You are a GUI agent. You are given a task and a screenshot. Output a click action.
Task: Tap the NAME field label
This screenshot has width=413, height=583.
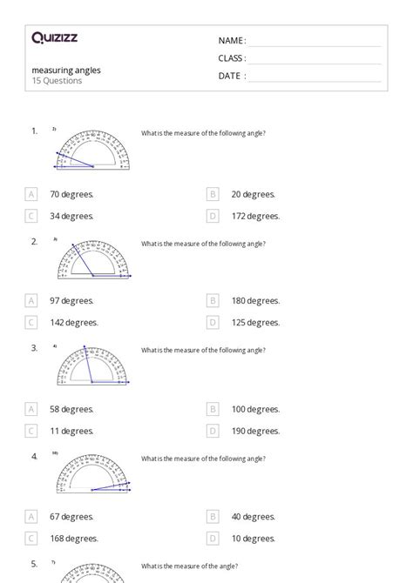point(232,41)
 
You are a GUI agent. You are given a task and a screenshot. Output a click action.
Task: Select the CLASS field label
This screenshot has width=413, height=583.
point(232,58)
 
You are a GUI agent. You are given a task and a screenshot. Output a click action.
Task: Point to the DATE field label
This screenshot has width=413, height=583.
point(231,76)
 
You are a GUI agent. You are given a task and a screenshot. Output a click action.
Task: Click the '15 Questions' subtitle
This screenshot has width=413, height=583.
point(57,81)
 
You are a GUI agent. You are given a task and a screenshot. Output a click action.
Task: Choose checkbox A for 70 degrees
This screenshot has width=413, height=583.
point(32,194)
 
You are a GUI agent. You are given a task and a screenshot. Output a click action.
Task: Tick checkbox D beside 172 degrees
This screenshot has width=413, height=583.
point(213,216)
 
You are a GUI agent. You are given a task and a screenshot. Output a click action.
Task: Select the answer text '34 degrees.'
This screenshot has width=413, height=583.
point(71,216)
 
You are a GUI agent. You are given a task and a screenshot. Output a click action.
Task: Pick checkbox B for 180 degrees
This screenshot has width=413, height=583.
point(213,301)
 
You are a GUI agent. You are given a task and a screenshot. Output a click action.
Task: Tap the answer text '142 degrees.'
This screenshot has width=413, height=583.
point(74,322)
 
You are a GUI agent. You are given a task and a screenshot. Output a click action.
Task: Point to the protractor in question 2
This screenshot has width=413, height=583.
point(93,258)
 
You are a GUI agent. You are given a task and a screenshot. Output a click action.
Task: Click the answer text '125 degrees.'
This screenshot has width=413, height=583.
point(255,322)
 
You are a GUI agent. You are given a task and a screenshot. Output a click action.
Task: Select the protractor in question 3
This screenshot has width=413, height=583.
point(93,366)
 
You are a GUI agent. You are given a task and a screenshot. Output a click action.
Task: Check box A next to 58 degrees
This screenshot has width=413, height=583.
point(32,409)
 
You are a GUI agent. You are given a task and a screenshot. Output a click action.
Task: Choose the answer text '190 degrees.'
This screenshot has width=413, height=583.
point(255,430)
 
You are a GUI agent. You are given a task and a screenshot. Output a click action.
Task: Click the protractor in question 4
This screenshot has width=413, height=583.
point(93,475)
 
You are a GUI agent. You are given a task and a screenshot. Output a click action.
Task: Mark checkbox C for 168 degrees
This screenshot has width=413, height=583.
point(32,538)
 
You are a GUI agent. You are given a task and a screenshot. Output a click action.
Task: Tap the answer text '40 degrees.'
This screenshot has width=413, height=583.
point(254,517)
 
